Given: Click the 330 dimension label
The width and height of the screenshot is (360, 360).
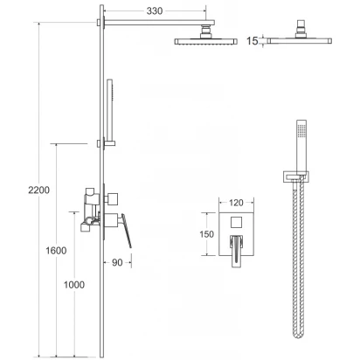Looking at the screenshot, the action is point(155,11).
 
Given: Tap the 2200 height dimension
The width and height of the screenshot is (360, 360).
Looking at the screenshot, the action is point(38,190).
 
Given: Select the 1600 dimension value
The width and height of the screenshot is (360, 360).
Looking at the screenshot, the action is point(56,250).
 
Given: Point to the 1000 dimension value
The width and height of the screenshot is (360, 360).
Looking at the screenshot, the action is point(74,285).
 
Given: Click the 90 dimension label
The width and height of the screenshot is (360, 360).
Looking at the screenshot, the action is point(117,262).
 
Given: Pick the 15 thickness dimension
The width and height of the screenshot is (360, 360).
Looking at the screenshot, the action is point(253,41).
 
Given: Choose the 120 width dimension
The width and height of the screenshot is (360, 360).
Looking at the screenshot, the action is point(236,203).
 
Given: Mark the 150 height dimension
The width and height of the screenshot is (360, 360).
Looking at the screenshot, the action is point(206,234).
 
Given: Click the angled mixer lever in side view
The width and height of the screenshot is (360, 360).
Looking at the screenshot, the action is point(127,231).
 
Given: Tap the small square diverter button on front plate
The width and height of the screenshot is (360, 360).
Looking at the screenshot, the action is point(236,223).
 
